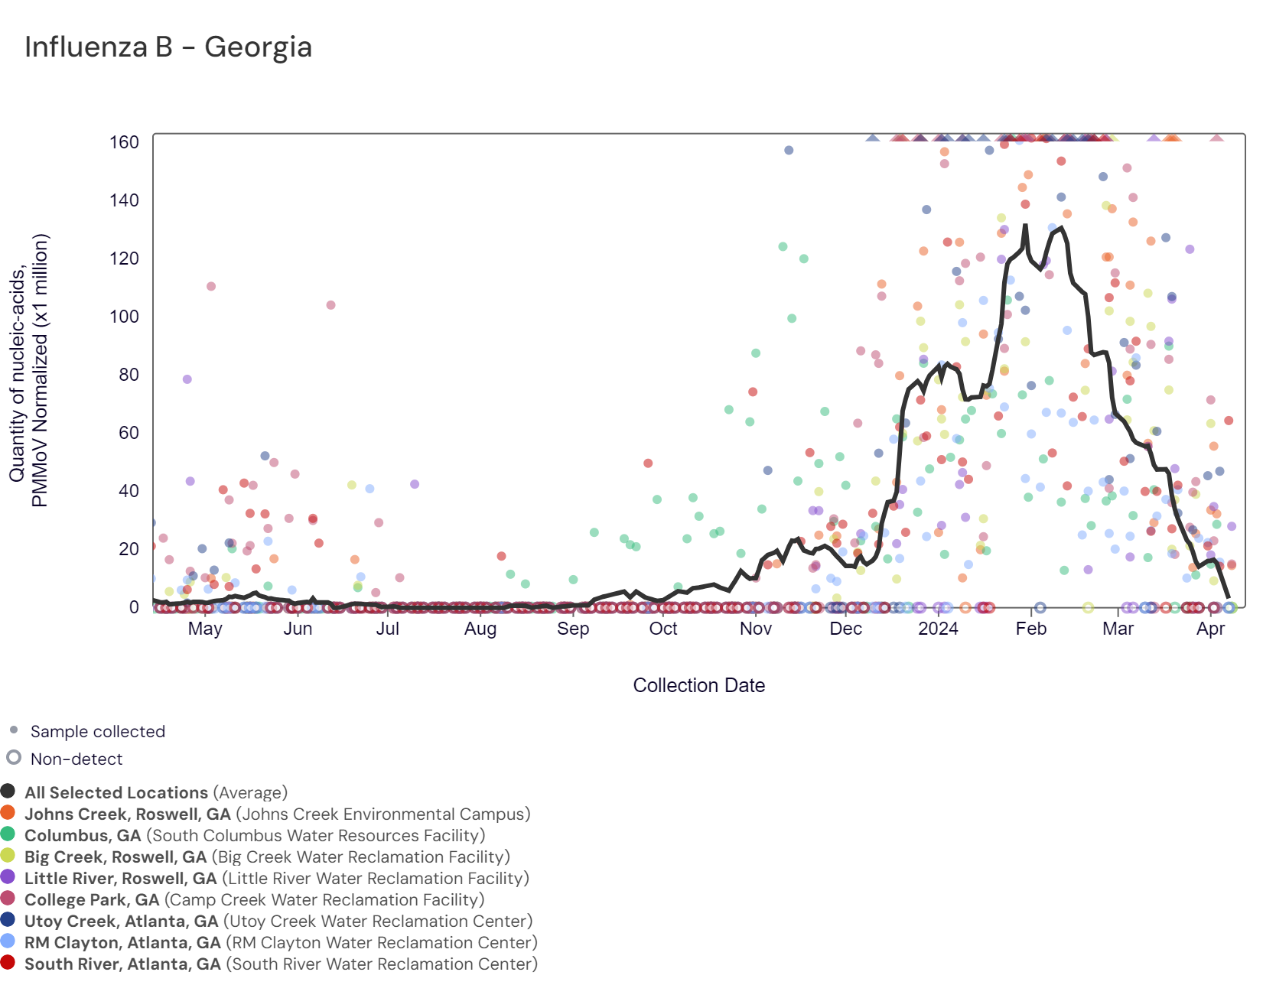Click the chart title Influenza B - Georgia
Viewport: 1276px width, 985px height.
click(x=168, y=47)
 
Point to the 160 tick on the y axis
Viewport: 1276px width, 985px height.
click(x=124, y=142)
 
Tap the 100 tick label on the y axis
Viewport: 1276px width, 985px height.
click(x=124, y=317)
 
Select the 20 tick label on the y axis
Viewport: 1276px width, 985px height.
click(x=129, y=549)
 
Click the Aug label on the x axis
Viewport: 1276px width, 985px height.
click(x=480, y=629)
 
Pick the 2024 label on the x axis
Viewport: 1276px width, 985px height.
click(x=938, y=629)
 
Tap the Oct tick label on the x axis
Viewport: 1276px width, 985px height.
click(x=663, y=629)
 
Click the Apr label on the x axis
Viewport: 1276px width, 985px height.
click(x=1210, y=629)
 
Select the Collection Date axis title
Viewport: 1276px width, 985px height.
click(x=698, y=685)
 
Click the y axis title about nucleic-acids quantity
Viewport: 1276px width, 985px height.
click(x=29, y=370)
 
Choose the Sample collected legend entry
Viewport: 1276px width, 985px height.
click(x=97, y=732)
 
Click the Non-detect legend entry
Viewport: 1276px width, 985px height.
click(x=76, y=759)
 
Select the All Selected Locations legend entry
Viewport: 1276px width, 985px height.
click(x=155, y=793)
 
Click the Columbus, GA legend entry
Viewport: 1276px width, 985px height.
click(x=254, y=836)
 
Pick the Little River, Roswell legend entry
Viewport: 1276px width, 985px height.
click(x=276, y=879)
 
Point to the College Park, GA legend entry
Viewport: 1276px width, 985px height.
click(x=254, y=900)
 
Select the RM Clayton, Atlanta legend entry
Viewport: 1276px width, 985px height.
click(x=281, y=943)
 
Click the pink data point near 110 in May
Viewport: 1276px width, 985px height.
click(x=211, y=287)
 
